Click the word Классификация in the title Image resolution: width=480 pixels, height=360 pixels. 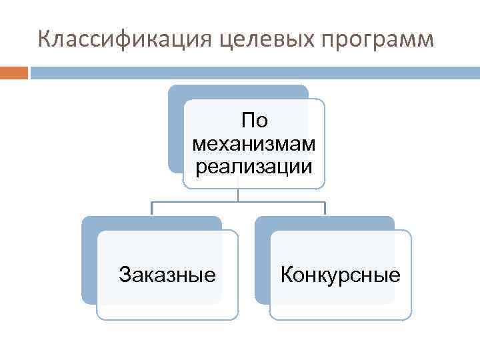pos(123,40)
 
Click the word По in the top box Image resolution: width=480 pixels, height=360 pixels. pos(254,121)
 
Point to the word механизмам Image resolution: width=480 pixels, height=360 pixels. pos(254,143)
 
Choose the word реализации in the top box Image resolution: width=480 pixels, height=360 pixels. pos(254,165)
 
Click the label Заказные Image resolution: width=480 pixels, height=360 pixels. pos(167,274)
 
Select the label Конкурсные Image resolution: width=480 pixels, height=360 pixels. pos(341,274)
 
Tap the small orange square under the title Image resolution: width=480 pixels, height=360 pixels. pos(14,72)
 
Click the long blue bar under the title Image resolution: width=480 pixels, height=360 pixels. pos(253,72)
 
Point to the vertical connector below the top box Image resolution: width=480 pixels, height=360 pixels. pos(239,194)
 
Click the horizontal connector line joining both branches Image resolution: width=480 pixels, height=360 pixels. pos(239,201)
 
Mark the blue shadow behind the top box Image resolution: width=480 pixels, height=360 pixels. pos(175,133)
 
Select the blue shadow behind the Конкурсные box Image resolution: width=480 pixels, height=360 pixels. pos(262,267)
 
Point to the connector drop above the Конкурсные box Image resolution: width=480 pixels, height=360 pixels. pos(325,208)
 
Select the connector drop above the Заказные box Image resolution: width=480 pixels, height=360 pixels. pos(152,208)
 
